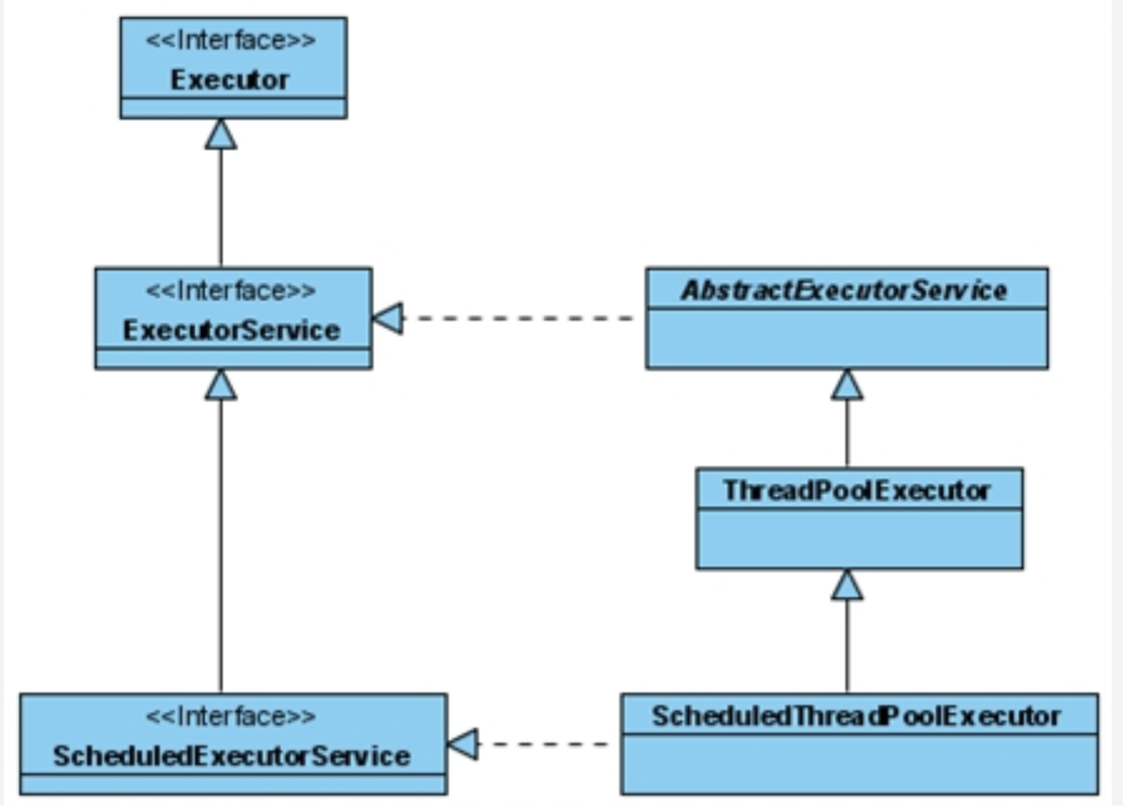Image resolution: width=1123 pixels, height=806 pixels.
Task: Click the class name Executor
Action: [230, 80]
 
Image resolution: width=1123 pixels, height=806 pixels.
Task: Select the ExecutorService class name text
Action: [231, 331]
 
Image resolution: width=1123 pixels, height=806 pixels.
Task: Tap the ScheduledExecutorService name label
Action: [231, 756]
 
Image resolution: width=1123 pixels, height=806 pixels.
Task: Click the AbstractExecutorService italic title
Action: [844, 290]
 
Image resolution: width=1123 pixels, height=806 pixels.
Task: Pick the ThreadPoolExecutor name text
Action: [857, 490]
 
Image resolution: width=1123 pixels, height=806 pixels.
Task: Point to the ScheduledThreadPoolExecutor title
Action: [856, 716]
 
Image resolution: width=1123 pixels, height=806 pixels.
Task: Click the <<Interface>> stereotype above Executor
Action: [231, 40]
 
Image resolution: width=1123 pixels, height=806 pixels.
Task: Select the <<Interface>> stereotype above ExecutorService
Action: [231, 291]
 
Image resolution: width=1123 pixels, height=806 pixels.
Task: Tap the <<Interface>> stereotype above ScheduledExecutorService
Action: [231, 716]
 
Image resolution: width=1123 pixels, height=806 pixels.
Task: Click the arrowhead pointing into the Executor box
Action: [221, 135]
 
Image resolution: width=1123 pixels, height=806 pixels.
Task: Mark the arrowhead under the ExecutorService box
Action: [221, 385]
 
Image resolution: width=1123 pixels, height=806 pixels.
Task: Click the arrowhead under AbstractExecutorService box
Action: [847, 385]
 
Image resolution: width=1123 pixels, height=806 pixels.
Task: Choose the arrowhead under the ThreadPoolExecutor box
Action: [847, 585]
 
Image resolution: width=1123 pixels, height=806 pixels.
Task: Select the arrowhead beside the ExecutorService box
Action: [389, 318]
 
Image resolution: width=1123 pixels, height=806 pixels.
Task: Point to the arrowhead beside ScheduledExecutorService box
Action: [464, 744]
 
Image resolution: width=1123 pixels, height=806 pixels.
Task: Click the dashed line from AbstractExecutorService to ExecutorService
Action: [519, 318]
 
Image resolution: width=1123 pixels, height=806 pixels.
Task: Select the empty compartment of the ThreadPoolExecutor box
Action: [859, 538]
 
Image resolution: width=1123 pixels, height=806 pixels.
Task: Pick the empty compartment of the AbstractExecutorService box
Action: [847, 339]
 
